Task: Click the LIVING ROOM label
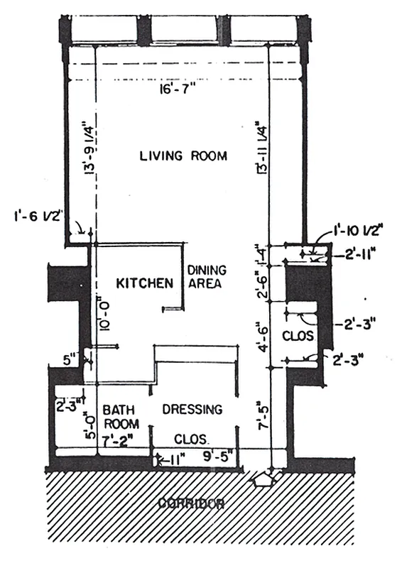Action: click(183, 155)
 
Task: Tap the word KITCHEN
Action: click(146, 283)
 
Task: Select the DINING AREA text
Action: click(206, 277)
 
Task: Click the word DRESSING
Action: click(192, 410)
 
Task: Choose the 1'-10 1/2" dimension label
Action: click(358, 230)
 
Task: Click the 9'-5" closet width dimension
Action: click(217, 447)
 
